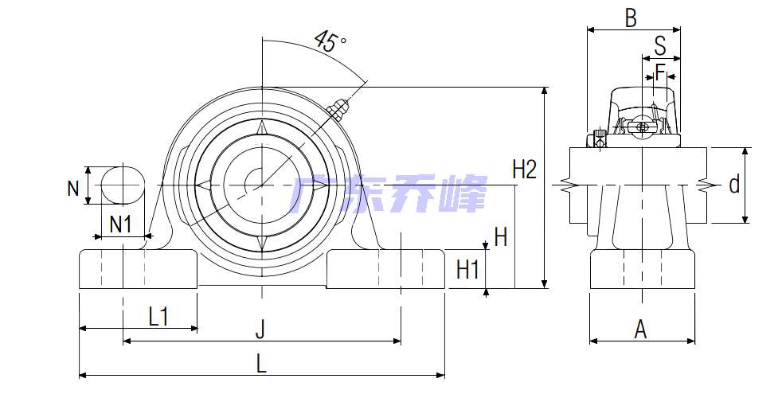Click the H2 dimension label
tap(525, 170)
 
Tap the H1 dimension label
tap(467, 270)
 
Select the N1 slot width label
tap(120, 224)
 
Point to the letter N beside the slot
tap(73, 189)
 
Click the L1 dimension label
tap(158, 316)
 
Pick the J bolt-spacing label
tap(260, 330)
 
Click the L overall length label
tap(261, 364)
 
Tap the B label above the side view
tap(631, 18)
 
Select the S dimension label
tap(660, 46)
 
